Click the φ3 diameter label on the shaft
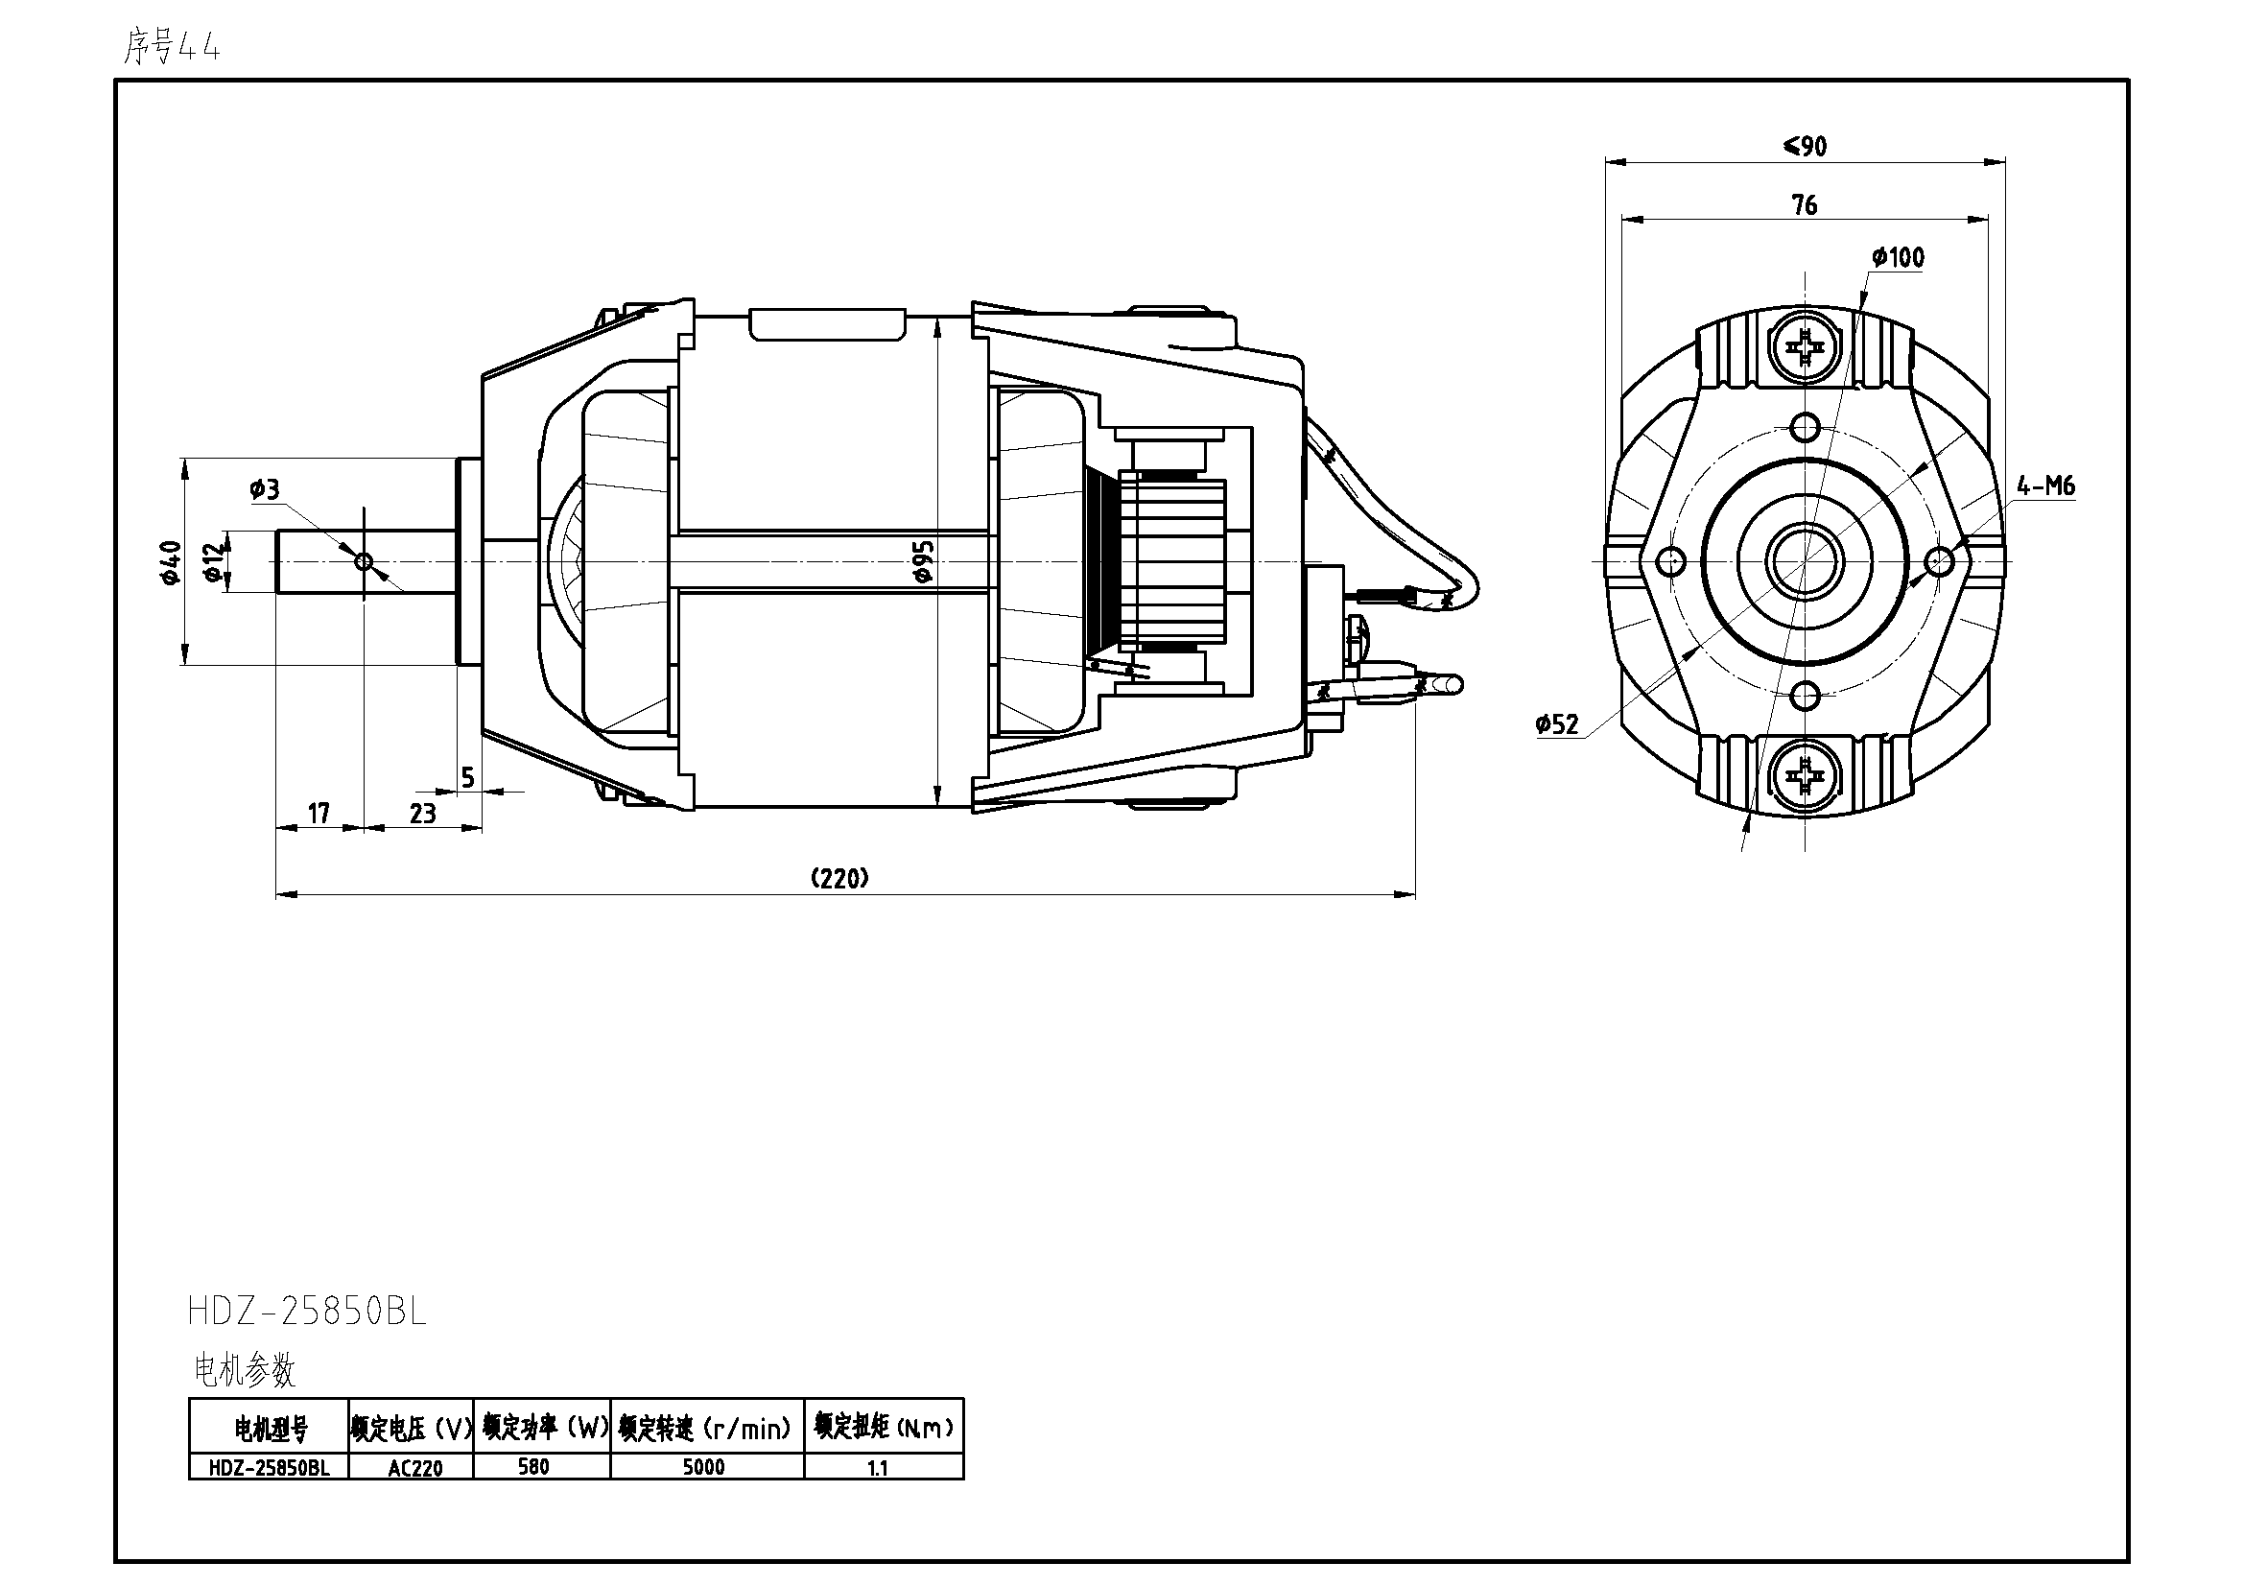point(264,488)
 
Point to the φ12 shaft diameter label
point(213,561)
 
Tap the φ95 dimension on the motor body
point(923,561)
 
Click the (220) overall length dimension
point(839,878)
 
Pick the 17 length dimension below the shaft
point(319,813)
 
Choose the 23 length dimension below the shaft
point(422,813)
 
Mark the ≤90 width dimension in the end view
point(1805,147)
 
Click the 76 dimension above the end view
point(1805,205)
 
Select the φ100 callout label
point(1898,258)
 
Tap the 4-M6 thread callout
point(2045,485)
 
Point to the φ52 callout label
point(1557,724)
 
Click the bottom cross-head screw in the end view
point(1805,776)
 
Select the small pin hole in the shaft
point(364,561)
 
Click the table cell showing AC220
point(414,1468)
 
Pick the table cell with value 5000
point(703,1467)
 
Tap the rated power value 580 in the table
point(533,1467)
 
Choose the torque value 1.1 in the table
point(878,1468)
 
